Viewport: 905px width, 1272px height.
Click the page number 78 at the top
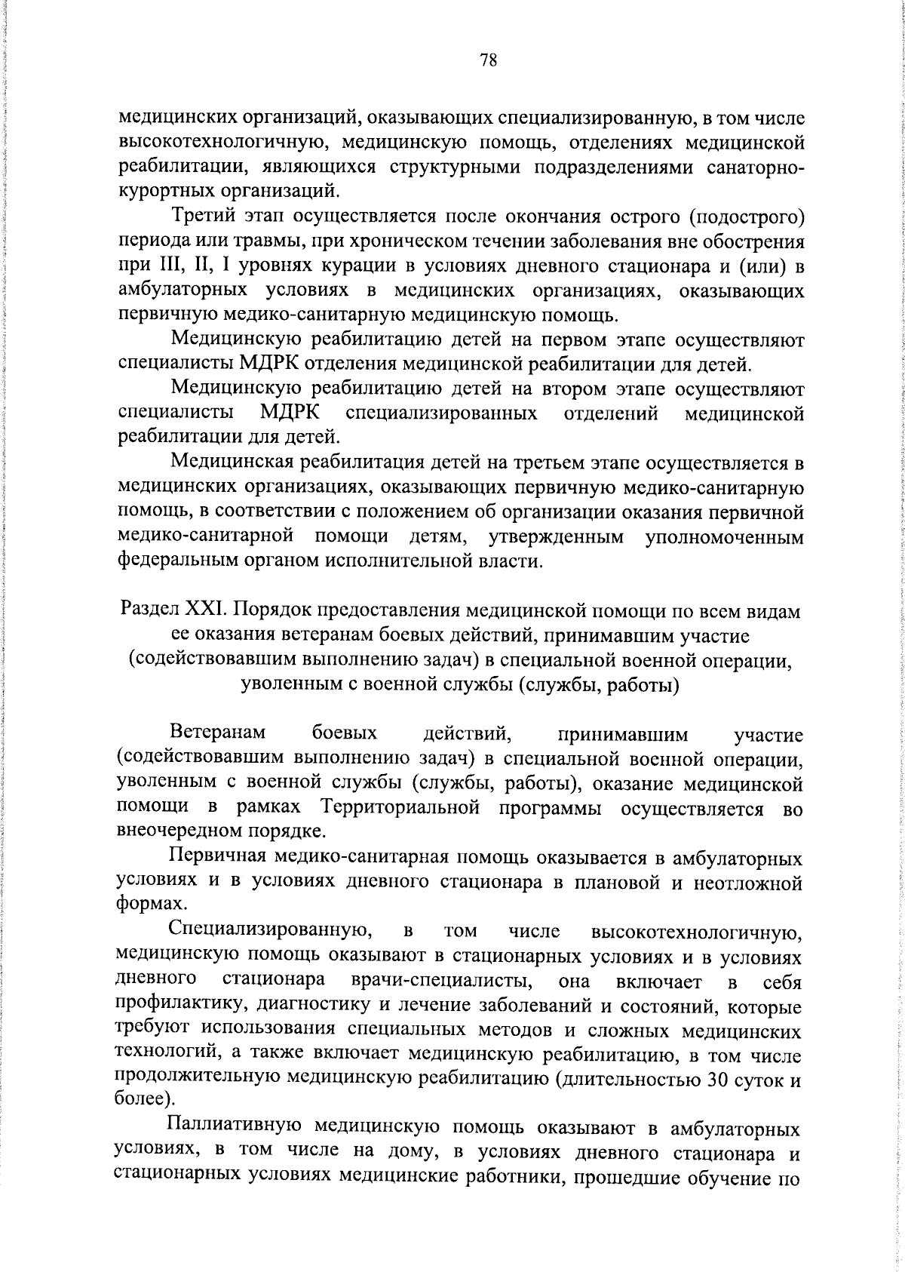[488, 60]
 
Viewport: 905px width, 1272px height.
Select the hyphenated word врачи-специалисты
[438, 982]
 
